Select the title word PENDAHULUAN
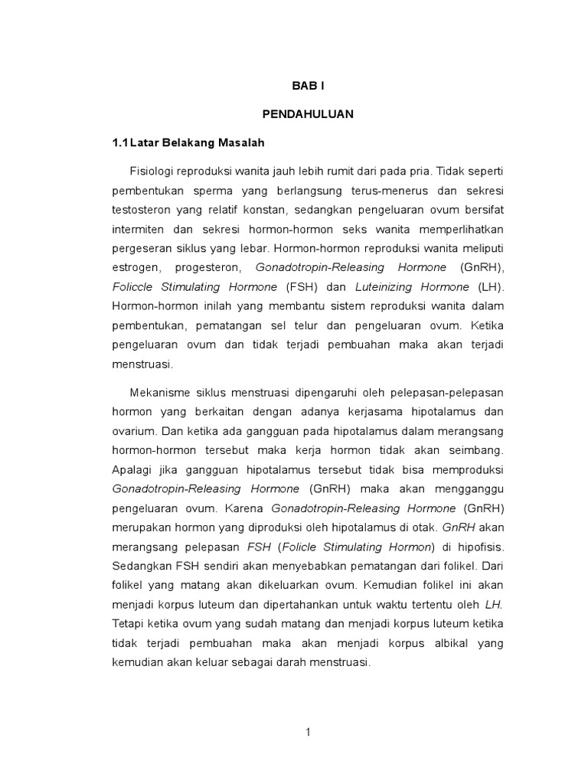pos(308,113)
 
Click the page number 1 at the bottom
pos(308,733)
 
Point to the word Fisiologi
pos(155,170)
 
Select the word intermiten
pos(137,229)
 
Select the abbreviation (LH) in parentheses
pos(490,288)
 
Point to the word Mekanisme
pos(161,393)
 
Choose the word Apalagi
pos(132,468)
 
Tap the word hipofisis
pos(479,547)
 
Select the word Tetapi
pos(128,625)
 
